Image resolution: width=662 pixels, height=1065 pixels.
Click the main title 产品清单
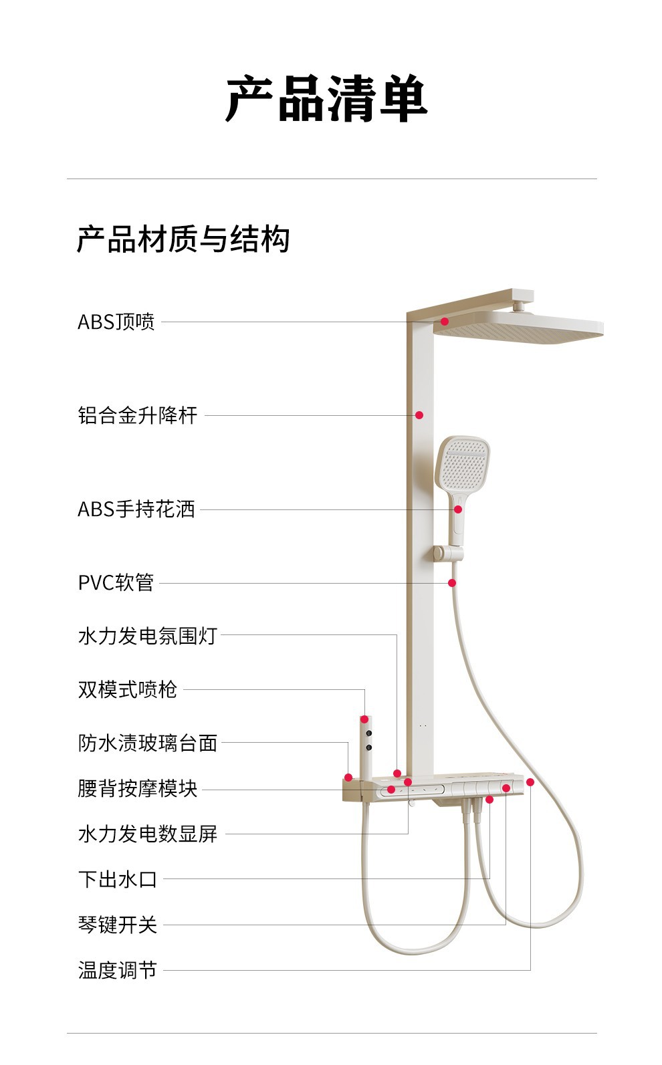pos(326,99)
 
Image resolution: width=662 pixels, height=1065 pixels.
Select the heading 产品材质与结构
pos(183,239)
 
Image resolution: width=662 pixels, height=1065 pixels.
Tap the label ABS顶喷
pos(116,322)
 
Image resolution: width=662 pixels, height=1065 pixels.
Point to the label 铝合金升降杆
pos(138,415)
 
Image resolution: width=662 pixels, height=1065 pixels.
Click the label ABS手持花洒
pos(136,509)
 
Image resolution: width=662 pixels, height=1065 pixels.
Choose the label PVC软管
pos(116,582)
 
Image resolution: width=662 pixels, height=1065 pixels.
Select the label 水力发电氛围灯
pos(148,636)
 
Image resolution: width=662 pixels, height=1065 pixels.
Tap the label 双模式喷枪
pos(128,689)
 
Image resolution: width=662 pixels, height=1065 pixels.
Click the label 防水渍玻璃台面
pos(148,743)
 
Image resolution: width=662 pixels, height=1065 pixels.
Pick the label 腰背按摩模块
pos(138,789)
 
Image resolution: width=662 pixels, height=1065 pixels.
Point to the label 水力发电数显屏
pos(148,834)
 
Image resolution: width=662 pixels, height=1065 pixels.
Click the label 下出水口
pos(118,879)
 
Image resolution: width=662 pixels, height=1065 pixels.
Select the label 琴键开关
pos(118,925)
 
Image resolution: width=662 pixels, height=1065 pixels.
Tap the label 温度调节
pos(118,970)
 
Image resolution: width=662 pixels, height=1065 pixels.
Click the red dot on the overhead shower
pos(445,322)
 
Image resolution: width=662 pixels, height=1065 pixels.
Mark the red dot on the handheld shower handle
pos(458,509)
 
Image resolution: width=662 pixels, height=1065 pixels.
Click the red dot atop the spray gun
pos(364,719)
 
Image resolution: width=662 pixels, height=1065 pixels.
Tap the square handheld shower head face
pos(463,462)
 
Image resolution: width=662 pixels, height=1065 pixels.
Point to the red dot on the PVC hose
pos(452,583)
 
